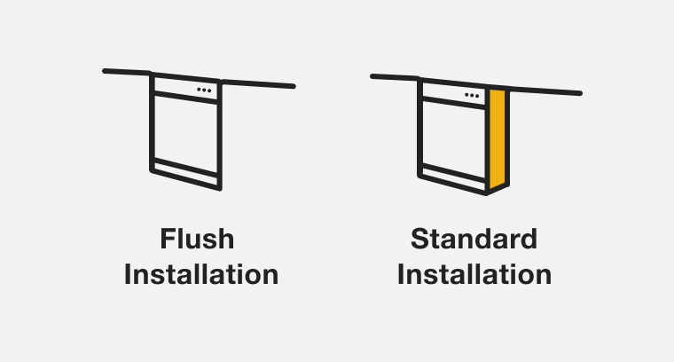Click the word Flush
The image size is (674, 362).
click(x=197, y=240)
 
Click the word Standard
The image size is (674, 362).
click(x=474, y=240)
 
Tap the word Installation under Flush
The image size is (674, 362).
click(x=201, y=273)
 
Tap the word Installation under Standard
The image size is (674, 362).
click(x=474, y=273)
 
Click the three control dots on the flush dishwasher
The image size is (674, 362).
click(x=204, y=90)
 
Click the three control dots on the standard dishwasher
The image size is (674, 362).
click(x=472, y=94)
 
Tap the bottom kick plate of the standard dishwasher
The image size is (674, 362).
click(x=453, y=177)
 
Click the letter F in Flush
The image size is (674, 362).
click(x=168, y=240)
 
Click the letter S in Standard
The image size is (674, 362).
click(x=419, y=240)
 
